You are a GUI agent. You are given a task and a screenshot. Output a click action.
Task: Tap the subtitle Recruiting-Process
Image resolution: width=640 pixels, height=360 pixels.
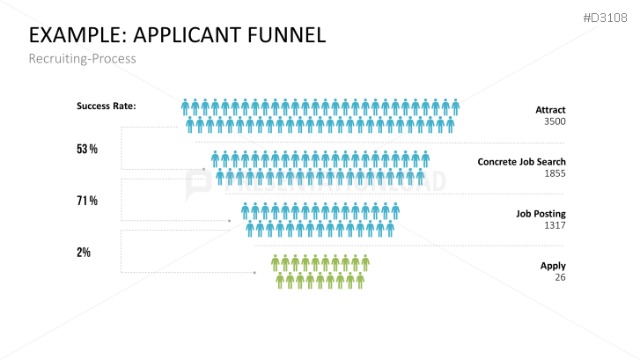pos(83,59)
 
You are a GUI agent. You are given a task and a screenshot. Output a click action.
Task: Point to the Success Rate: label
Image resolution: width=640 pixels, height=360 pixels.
pos(106,107)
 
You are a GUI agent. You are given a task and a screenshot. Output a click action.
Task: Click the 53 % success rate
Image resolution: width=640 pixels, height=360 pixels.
pos(86,150)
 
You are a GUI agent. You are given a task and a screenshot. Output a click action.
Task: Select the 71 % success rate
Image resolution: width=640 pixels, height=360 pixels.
pos(86,202)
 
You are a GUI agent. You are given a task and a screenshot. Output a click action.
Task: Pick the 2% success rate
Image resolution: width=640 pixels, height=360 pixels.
pos(84,253)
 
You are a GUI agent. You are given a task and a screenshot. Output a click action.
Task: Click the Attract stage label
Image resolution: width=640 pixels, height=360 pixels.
pos(550,110)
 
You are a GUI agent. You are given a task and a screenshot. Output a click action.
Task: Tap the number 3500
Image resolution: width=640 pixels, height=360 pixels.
pos(555,121)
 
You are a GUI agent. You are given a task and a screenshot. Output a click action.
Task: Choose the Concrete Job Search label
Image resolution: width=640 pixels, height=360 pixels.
pos(521,162)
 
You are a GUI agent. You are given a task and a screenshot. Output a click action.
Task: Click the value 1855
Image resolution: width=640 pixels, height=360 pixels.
pos(555,173)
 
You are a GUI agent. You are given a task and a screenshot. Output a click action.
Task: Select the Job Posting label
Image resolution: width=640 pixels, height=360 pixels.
pos(541,214)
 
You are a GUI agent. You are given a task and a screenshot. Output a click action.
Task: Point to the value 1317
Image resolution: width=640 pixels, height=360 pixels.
pos(555,225)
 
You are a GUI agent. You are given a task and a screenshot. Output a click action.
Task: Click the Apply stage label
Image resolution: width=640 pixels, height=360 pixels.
pos(553,266)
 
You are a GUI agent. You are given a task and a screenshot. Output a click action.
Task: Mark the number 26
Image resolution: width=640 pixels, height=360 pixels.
pos(560,277)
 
